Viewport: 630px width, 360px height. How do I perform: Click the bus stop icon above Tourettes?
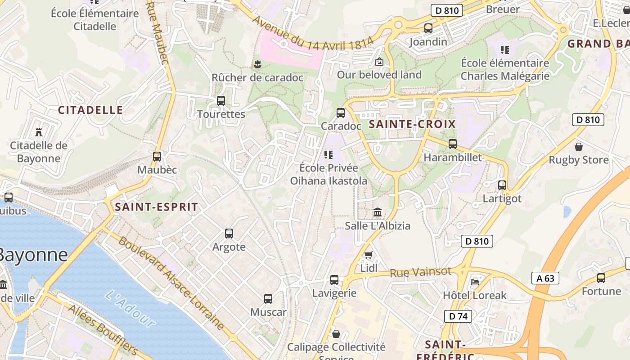(x=220, y=101)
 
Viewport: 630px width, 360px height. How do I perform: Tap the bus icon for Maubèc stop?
(x=157, y=157)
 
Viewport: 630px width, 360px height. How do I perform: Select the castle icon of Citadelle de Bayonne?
(x=39, y=132)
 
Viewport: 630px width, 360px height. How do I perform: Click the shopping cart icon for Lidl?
(x=369, y=255)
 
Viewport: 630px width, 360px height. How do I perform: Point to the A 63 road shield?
(x=545, y=278)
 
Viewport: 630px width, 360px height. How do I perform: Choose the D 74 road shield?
(x=458, y=316)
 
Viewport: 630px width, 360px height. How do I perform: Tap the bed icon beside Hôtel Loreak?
(x=475, y=282)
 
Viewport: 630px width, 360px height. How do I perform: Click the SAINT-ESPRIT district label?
(x=156, y=207)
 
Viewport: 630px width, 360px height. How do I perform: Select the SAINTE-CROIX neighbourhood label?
(x=412, y=124)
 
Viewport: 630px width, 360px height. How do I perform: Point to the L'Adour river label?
(x=130, y=308)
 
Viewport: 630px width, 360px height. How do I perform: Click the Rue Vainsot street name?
(x=420, y=272)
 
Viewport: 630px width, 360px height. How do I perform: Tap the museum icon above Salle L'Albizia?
(x=378, y=212)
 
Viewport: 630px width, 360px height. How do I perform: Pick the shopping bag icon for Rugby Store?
(x=579, y=147)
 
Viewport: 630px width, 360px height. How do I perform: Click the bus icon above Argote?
(x=229, y=234)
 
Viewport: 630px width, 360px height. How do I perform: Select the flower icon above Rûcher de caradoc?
(x=257, y=64)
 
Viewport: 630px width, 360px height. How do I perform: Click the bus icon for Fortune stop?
(x=601, y=278)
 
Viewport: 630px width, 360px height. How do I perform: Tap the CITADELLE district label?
(x=90, y=110)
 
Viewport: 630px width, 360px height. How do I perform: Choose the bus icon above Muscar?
(x=268, y=298)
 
